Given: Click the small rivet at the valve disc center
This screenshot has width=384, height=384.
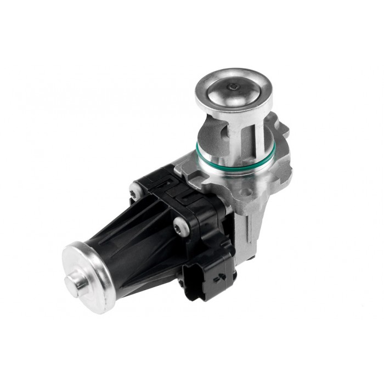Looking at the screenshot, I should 234,86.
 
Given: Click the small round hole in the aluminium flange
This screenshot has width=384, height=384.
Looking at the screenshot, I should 246,191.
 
